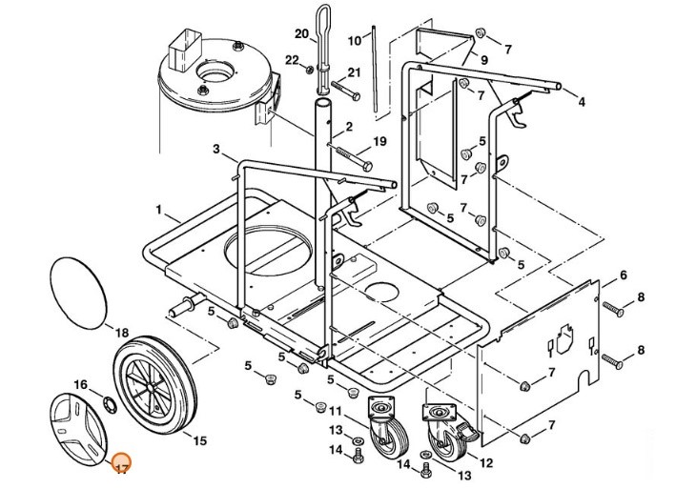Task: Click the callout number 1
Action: click(159, 208)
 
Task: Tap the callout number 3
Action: click(216, 149)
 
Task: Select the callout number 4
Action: click(582, 101)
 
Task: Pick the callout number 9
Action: click(483, 59)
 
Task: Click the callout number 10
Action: click(354, 40)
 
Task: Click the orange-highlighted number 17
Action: click(121, 468)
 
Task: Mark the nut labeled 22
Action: click(311, 70)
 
